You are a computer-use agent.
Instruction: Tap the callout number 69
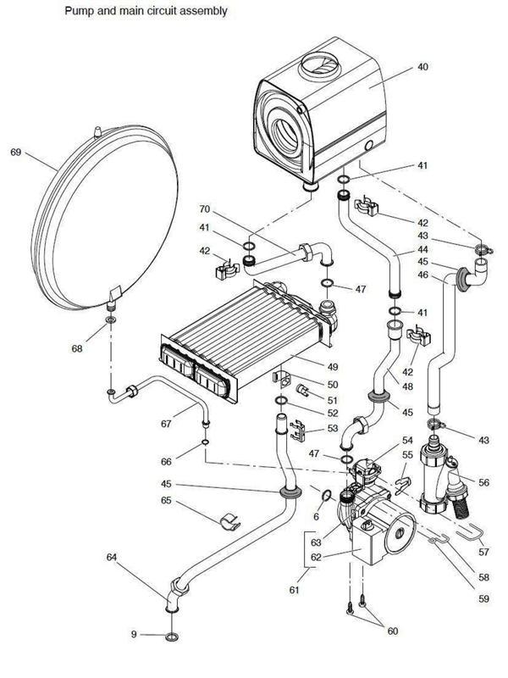click(x=16, y=153)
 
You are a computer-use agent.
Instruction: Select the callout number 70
click(x=204, y=208)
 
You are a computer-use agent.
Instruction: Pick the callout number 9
click(x=133, y=635)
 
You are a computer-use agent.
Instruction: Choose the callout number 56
click(x=484, y=482)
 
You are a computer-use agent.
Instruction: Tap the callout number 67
click(x=168, y=423)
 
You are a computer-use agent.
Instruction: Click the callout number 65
click(x=166, y=501)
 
